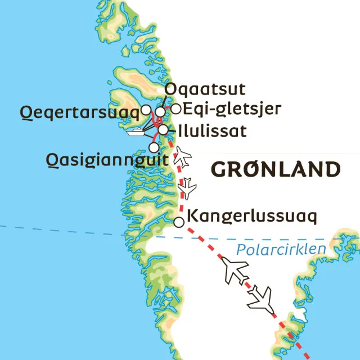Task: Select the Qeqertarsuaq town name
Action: click(x=79, y=112)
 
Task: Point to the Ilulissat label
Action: click(x=211, y=131)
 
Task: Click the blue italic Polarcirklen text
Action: click(x=281, y=250)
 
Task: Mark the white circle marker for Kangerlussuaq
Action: click(x=179, y=222)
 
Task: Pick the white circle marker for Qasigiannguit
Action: click(x=154, y=147)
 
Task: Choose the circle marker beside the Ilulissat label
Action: click(x=163, y=130)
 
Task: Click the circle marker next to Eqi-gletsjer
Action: click(x=176, y=109)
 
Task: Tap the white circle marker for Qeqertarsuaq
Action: click(x=145, y=109)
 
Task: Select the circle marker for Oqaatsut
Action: click(x=160, y=111)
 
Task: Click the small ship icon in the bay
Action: click(x=137, y=133)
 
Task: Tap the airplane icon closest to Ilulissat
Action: click(x=182, y=156)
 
